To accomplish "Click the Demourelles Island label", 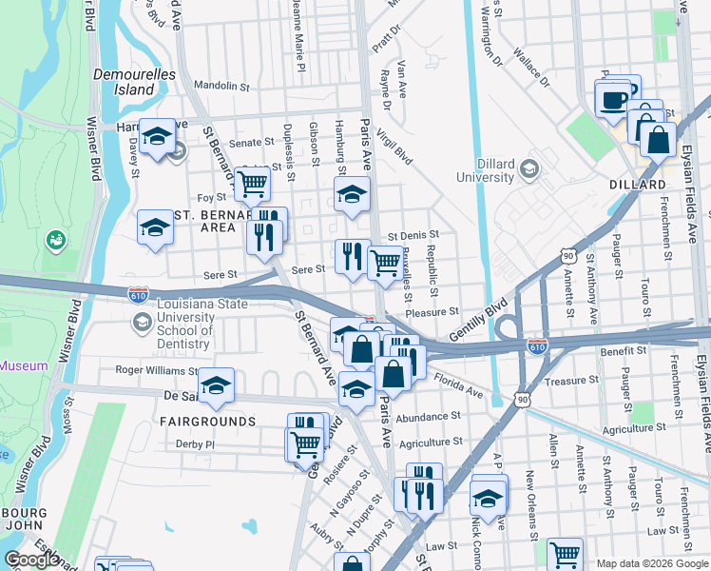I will tap(124, 81).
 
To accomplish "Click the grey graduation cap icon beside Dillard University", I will tap(530, 170).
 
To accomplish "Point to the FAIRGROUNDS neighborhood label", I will tap(207, 421).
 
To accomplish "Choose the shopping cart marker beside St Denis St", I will tap(384, 262).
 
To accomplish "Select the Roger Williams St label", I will tap(155, 370).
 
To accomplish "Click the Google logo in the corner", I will tap(31, 560).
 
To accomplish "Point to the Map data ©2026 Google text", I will tap(652, 563).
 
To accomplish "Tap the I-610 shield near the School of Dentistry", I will tap(139, 296).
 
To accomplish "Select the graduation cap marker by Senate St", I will tap(157, 137).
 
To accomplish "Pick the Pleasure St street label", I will tap(432, 311).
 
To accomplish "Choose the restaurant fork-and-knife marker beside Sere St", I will tap(351, 257).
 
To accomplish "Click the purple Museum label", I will tap(24, 365).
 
